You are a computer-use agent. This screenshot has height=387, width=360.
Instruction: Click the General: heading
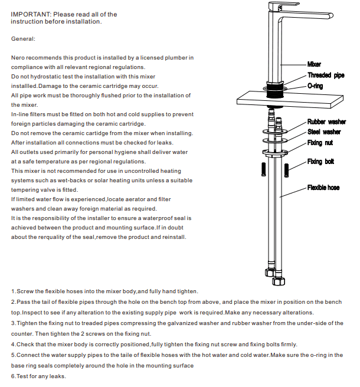[x=24, y=39]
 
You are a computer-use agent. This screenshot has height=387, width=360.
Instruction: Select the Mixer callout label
[x=314, y=64]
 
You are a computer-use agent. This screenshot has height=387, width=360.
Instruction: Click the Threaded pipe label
[x=326, y=76]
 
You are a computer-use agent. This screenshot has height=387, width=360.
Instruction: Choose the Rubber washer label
[x=326, y=122]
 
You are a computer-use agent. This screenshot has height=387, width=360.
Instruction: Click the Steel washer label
[x=323, y=132]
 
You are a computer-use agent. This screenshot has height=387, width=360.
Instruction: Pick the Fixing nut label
[x=319, y=143]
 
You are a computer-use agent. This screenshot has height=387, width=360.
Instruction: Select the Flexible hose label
[x=323, y=188]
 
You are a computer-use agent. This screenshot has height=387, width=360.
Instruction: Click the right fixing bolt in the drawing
[x=286, y=169]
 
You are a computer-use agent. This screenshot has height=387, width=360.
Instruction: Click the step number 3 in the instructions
[x=13, y=323]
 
